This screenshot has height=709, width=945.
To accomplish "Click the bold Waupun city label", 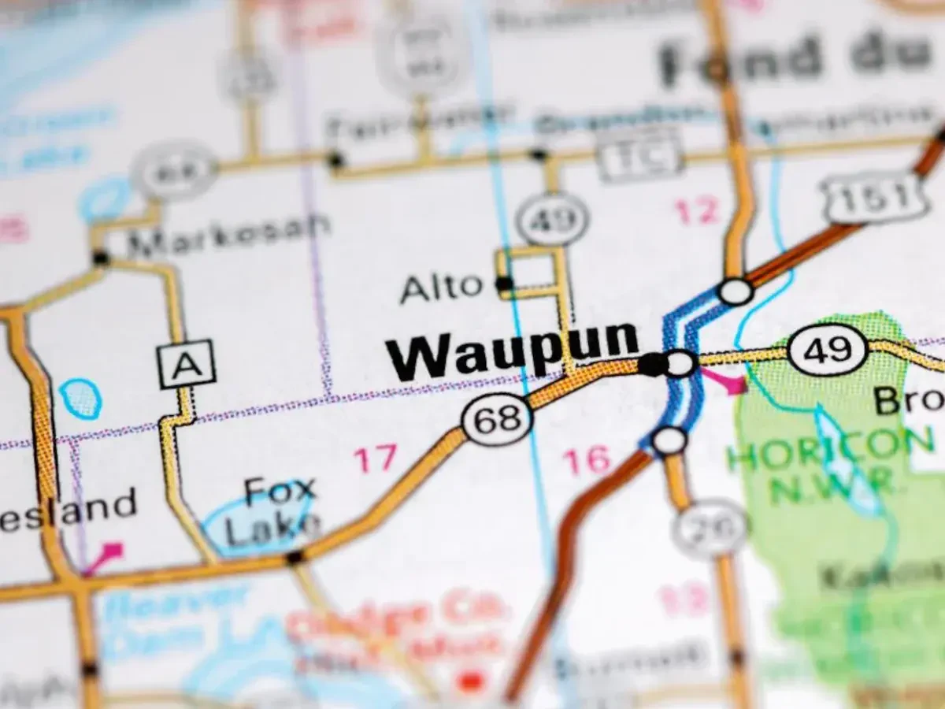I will click(512, 350).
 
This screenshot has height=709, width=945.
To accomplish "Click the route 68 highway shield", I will click(497, 418).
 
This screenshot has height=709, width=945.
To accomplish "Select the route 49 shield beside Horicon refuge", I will click(828, 349).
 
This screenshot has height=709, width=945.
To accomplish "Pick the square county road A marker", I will click(187, 364).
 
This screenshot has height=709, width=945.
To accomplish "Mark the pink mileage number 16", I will click(587, 460).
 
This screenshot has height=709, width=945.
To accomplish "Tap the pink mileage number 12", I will click(697, 211).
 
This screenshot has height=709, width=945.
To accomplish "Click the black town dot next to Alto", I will click(504, 284).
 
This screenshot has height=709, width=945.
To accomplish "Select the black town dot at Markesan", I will click(101, 258).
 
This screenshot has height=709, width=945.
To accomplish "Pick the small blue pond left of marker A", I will click(80, 399).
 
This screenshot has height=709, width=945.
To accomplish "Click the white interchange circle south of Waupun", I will click(669, 441).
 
